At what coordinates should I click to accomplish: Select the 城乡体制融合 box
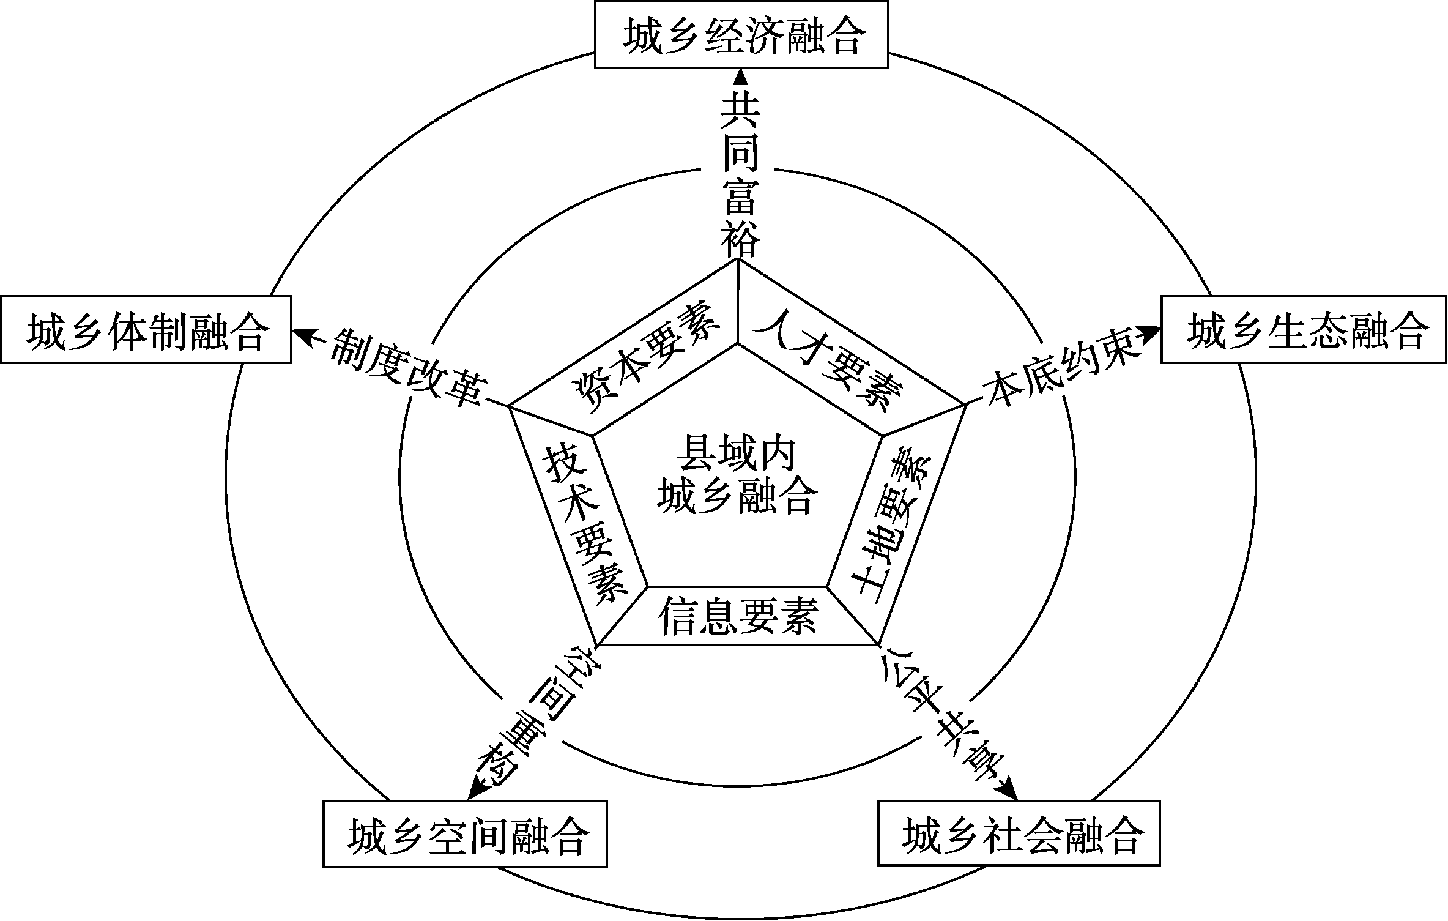[146, 330]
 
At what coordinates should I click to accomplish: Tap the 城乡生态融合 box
[1304, 330]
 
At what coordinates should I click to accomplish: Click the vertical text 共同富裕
[740, 175]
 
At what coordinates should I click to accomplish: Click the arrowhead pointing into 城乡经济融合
[740, 77]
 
